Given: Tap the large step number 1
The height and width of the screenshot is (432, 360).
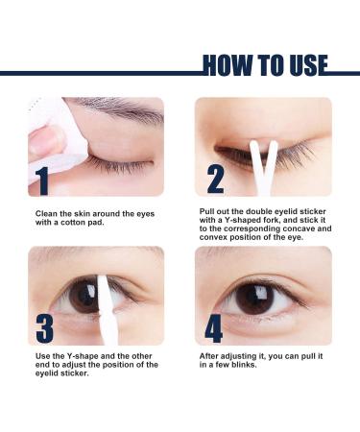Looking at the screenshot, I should tap(42, 179).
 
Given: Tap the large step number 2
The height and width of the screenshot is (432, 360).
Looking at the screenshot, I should tap(215, 179).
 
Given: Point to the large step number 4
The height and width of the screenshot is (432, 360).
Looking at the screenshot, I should tap(214, 326).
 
